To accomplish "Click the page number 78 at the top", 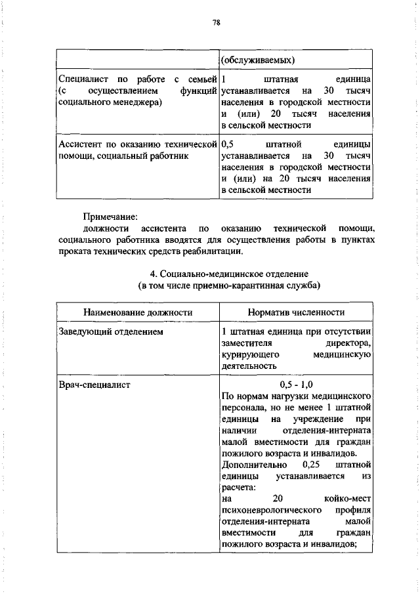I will point(216,23).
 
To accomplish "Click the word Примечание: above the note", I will point(110,216).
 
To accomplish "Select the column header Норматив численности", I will point(297,312).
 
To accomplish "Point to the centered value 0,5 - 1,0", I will point(297,385).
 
